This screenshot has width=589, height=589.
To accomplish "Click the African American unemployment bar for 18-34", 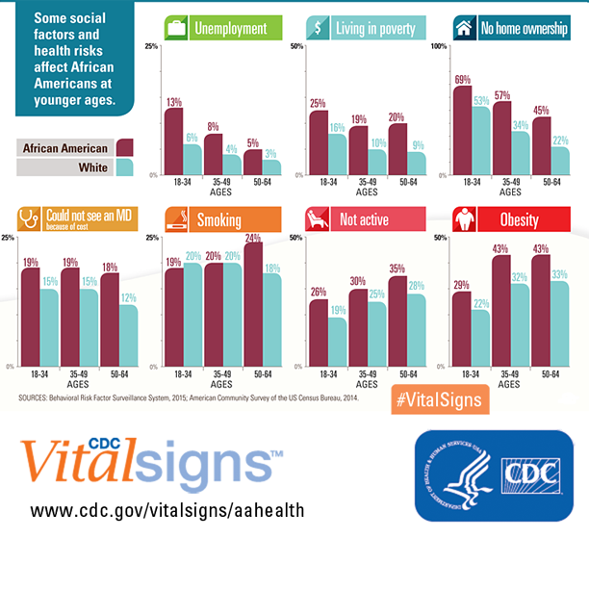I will coord(173,141).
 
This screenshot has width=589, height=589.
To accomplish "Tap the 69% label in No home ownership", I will coord(462,79).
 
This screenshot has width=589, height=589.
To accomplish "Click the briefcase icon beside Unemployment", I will coord(176,28).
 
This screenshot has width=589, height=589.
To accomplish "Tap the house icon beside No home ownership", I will coord(464,28).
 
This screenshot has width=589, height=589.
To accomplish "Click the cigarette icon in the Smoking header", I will coord(177,220).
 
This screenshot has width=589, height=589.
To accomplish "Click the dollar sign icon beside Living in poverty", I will coord(320,28).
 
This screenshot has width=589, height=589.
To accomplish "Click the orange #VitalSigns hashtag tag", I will coord(436,398).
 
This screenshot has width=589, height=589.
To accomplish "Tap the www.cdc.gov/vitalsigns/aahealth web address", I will coord(168,510).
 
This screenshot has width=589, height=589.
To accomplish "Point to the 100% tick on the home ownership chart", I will coord(439,47).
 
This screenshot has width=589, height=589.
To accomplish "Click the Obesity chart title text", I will coord(520,220).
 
